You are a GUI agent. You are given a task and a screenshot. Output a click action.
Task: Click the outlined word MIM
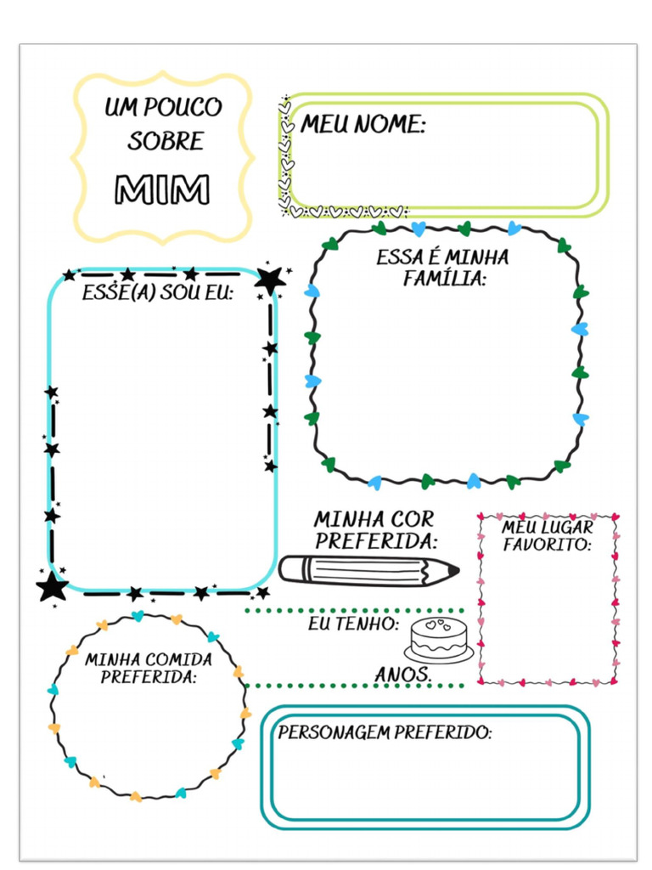pyautogui.click(x=162, y=189)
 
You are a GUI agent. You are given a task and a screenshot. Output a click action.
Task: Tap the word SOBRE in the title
pyautogui.click(x=166, y=141)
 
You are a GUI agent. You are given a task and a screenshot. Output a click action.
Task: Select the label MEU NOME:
pyautogui.click(x=363, y=125)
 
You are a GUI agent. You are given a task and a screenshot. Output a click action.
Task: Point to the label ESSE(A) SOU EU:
pyautogui.click(x=158, y=293)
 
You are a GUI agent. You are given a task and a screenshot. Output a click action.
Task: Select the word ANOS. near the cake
pyautogui.click(x=404, y=675)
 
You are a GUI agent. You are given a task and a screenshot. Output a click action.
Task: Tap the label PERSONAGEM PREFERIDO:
pyautogui.click(x=385, y=732)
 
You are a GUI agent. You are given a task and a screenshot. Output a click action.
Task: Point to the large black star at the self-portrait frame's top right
pyautogui.click(x=270, y=279)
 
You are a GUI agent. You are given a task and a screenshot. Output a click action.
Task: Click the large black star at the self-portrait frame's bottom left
pyautogui.click(x=53, y=585)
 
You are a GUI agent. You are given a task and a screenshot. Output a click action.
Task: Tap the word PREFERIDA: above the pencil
pyautogui.click(x=376, y=540)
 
